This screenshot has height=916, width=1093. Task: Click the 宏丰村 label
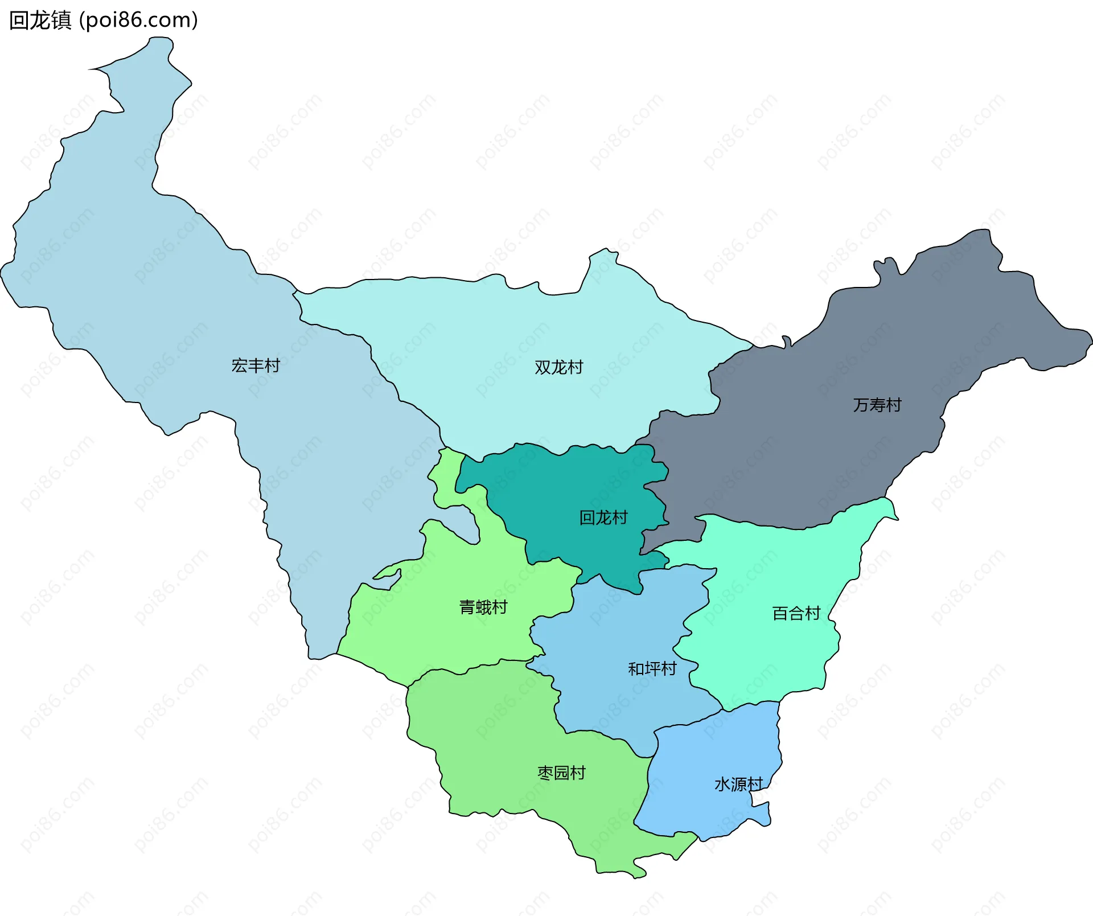(256, 365)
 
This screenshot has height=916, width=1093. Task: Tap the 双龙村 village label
(558, 367)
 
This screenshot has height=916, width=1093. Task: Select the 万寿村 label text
(877, 405)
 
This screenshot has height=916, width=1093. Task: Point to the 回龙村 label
(603, 517)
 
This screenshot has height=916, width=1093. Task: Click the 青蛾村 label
(483, 607)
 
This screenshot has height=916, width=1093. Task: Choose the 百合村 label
(795, 613)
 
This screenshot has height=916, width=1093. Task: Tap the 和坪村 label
(652, 668)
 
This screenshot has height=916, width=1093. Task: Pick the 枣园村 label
(561, 773)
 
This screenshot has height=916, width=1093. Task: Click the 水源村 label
(738, 784)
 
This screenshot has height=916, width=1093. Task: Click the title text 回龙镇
(40, 20)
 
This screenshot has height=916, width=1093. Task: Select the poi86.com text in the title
(138, 20)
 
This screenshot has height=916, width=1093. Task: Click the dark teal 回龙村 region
(569, 490)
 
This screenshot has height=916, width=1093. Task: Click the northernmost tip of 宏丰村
(159, 39)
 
